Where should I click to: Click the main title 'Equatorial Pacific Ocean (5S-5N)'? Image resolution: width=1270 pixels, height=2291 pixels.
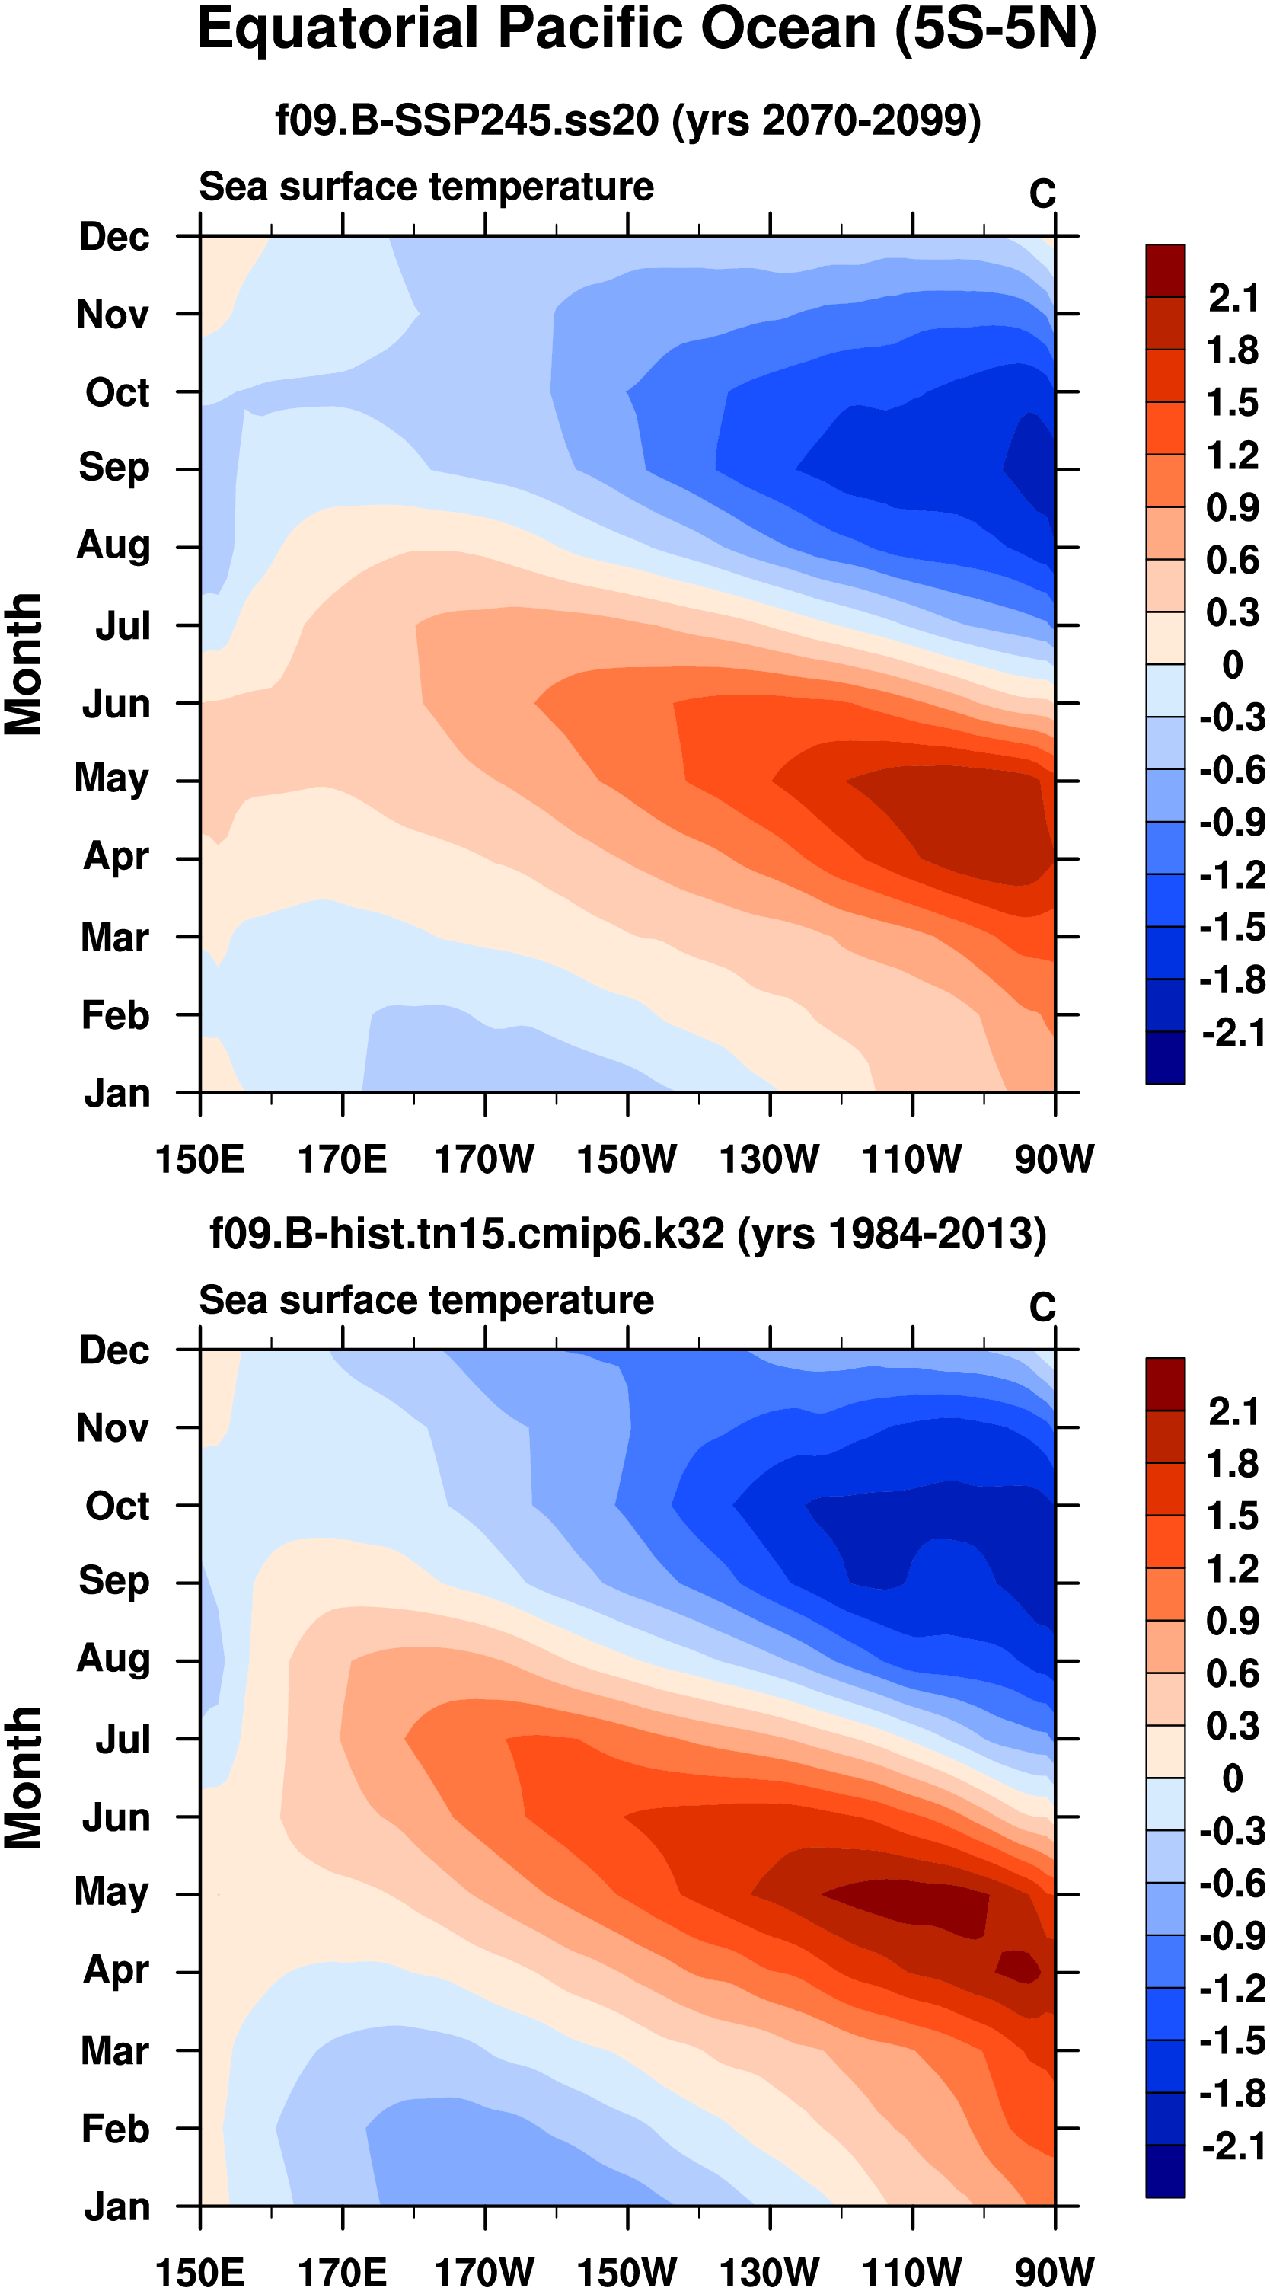pos(646,30)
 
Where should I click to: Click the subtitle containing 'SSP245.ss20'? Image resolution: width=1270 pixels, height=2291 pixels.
pos(628,120)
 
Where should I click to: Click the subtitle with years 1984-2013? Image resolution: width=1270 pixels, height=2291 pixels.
pos(628,1235)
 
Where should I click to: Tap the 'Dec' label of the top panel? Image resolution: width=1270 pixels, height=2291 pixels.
pos(114,237)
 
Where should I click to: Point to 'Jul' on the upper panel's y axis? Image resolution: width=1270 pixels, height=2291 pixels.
pos(123,626)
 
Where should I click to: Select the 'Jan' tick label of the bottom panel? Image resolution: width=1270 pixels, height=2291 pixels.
pos(117,2207)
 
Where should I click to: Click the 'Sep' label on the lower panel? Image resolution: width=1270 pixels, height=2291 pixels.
pos(114,1581)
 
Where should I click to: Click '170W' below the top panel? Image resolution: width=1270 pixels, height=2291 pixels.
pos(485,1160)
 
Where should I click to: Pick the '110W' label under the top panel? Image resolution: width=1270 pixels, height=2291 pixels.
pos(912,1160)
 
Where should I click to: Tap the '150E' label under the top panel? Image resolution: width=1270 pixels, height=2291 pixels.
pos(200,1160)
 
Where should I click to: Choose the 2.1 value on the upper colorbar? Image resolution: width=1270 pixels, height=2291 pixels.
pos(1233,298)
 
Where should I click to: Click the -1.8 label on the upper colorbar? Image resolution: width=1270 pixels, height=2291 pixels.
pos(1232,980)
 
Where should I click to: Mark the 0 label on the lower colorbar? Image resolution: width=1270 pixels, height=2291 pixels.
pos(1233,1778)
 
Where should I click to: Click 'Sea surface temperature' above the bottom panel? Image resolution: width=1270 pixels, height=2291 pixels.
pos(426,1300)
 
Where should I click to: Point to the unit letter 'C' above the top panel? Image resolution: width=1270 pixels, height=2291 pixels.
pos(1042,194)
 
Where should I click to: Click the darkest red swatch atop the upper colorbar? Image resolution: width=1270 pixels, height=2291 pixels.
pos(1165,271)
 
